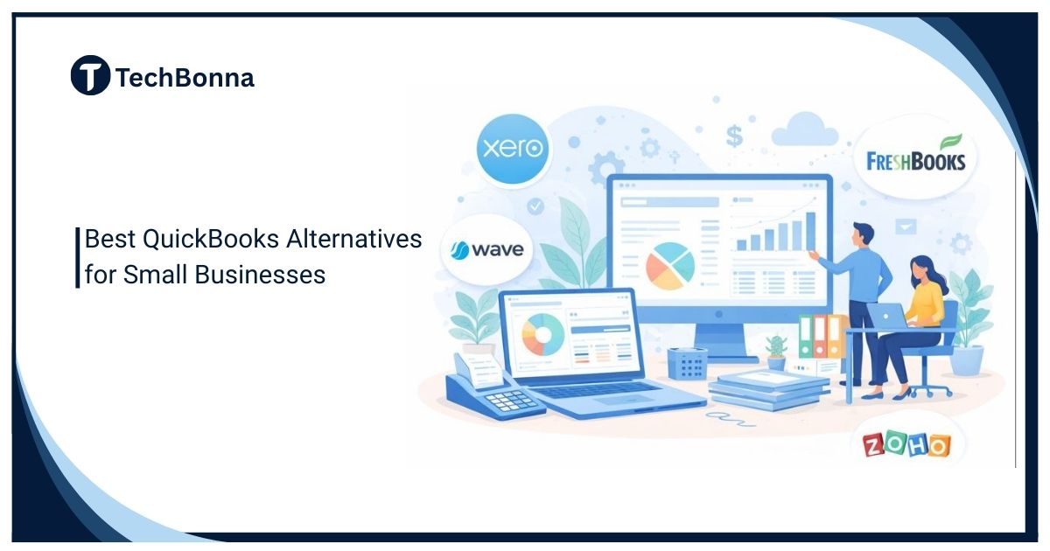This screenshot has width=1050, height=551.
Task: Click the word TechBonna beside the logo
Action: click(185, 78)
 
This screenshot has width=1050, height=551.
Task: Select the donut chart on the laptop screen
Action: click(542, 335)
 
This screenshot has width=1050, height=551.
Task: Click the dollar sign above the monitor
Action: click(734, 135)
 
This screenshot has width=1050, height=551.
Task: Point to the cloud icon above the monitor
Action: click(805, 131)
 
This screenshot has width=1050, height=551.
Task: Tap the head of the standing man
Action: click(862, 235)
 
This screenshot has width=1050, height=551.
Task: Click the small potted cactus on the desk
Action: click(776, 351)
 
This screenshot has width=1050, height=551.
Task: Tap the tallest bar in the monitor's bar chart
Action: click(810, 228)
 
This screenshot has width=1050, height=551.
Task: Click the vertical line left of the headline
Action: click(77, 257)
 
